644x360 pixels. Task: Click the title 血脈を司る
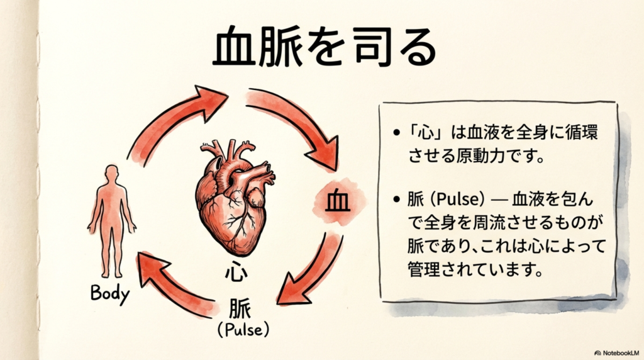(x=323, y=48)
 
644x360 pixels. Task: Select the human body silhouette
(x=111, y=220)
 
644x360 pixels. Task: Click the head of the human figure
(x=111, y=173)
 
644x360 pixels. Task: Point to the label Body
(x=109, y=293)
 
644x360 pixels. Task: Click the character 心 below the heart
(x=234, y=273)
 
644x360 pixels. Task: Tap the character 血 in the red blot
(x=338, y=203)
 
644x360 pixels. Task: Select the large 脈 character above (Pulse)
(x=240, y=308)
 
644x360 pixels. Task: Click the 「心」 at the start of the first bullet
(x=416, y=134)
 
